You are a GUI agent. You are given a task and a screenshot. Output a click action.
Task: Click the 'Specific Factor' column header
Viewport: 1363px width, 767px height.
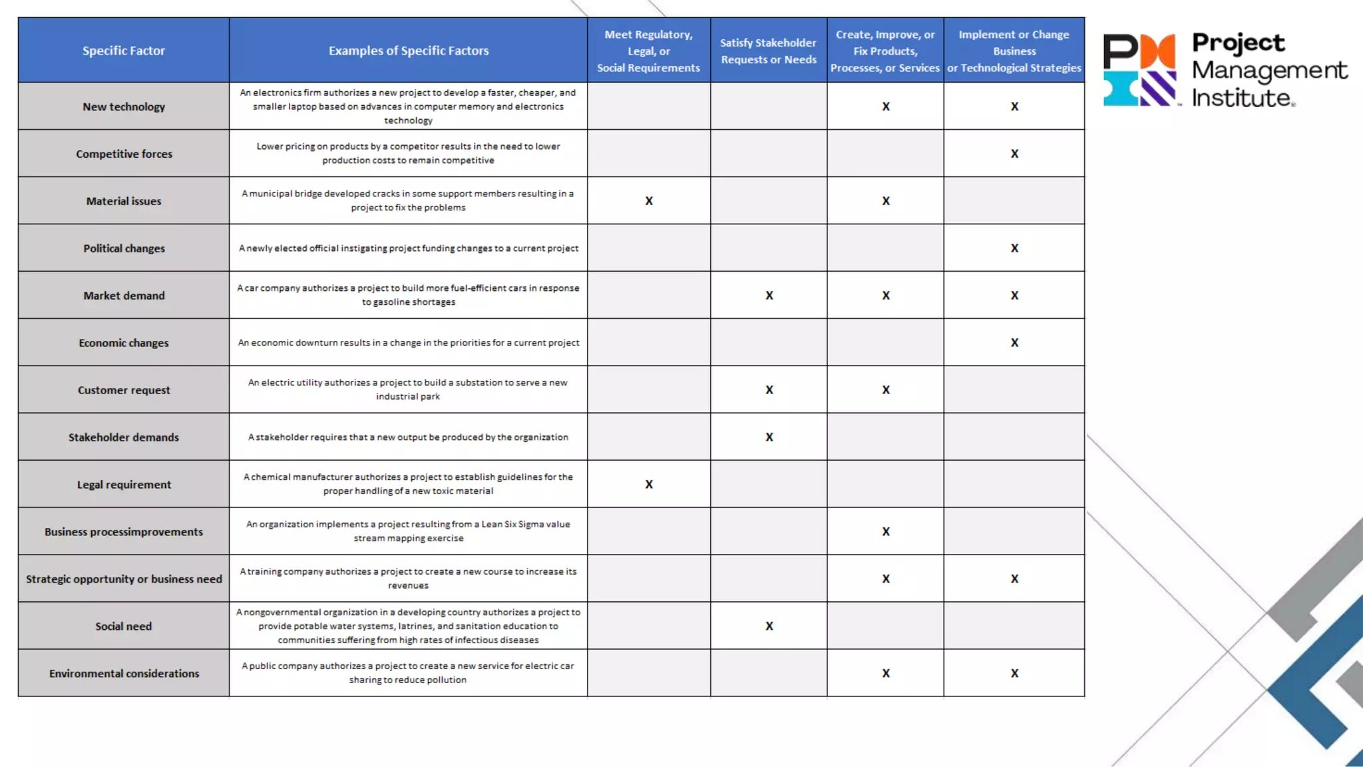124,51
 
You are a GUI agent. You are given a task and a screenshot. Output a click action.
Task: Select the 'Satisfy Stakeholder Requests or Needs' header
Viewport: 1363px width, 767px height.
768,51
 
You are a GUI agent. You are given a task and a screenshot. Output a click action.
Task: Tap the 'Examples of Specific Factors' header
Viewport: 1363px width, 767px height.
408,51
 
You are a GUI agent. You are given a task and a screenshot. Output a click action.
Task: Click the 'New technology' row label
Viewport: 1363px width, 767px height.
124,107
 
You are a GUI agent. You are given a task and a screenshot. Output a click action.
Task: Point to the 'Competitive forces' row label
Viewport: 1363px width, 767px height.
124,154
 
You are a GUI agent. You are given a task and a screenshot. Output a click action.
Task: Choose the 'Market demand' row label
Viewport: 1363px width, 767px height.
124,296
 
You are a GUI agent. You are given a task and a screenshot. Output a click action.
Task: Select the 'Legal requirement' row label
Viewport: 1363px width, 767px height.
124,485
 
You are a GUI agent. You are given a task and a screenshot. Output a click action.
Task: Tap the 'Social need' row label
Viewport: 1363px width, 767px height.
124,627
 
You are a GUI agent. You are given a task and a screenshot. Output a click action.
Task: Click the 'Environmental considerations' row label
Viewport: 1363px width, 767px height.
124,674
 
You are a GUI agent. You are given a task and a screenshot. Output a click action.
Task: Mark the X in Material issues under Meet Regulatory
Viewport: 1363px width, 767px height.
649,201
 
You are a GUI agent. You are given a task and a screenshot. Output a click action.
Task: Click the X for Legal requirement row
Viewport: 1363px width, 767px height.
649,485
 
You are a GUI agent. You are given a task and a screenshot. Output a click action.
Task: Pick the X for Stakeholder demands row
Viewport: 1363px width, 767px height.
769,437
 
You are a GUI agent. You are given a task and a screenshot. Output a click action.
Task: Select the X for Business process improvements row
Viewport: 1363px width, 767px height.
886,532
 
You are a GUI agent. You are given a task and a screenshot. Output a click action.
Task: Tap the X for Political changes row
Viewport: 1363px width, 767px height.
1014,248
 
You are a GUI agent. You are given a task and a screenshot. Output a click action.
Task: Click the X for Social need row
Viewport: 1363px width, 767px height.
769,627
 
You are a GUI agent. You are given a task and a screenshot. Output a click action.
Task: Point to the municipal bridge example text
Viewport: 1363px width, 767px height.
408,200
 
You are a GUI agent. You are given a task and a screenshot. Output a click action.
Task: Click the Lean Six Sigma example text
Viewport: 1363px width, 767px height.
408,531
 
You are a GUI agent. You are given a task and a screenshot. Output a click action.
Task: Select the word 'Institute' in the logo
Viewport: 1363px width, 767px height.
1241,99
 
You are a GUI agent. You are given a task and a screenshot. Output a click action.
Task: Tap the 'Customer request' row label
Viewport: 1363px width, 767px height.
124,390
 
